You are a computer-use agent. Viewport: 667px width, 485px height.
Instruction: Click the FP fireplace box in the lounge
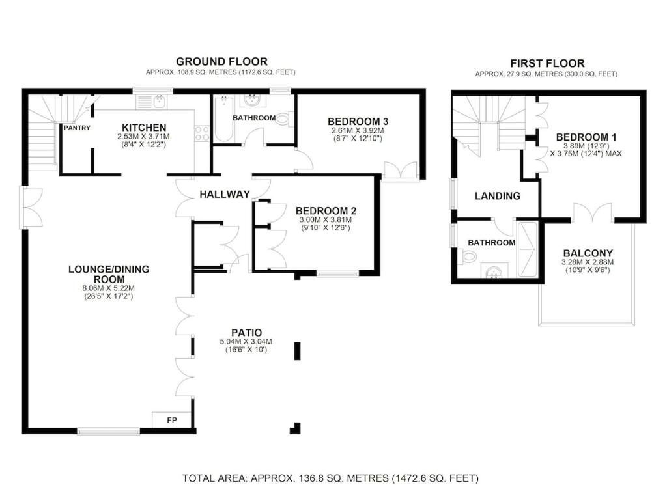(172, 420)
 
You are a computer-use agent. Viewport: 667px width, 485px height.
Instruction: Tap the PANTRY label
(77, 128)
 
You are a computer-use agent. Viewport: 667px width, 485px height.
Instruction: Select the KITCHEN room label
(144, 128)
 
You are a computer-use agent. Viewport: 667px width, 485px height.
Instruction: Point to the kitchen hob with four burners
(202, 133)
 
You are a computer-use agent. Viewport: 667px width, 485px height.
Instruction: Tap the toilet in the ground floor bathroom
(284, 119)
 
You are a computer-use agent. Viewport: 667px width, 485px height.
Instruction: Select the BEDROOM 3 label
(358, 122)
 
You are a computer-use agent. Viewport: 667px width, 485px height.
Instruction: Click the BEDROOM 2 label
(326, 211)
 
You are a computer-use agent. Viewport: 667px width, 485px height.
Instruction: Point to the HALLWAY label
(225, 195)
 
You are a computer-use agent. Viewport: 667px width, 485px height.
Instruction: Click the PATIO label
(247, 333)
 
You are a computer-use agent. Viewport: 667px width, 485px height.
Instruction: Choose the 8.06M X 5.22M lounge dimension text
(109, 288)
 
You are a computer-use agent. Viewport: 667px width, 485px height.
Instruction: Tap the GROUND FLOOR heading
(221, 62)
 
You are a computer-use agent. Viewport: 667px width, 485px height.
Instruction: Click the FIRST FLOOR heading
(547, 63)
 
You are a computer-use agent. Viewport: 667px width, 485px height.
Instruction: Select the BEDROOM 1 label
(586, 137)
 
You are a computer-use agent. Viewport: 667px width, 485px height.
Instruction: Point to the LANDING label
(497, 196)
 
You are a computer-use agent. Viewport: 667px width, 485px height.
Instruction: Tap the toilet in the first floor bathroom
(468, 256)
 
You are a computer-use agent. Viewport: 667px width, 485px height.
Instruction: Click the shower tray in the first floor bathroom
(528, 249)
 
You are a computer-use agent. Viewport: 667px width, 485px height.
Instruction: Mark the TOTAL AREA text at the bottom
(330, 478)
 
